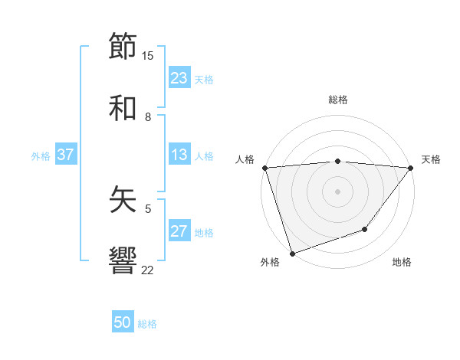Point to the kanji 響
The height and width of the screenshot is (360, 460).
pos(123,260)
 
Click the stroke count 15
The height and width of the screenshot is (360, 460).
pos(148,55)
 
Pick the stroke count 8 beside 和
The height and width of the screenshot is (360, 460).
pos(148,116)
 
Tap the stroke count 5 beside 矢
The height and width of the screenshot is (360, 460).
pos(148,208)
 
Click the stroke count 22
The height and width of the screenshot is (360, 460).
pos(148,270)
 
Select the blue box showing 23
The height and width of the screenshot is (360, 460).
pos(179,78)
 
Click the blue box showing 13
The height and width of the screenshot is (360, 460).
pos(179,155)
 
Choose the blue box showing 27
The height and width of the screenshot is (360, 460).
pos(179,231)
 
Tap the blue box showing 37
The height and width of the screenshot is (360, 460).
pos(66,155)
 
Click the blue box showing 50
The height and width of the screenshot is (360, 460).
pos(123,323)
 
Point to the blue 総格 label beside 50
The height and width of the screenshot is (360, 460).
pos(148,324)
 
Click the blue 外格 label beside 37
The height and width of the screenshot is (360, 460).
pos(41,155)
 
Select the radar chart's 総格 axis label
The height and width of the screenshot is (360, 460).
pos(338,100)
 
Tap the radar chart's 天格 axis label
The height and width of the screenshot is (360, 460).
pos(431,159)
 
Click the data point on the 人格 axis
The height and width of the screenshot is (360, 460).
pos(264,168)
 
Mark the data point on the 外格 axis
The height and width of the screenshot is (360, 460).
pos(292,253)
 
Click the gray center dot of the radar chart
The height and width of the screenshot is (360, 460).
pos(337,191)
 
